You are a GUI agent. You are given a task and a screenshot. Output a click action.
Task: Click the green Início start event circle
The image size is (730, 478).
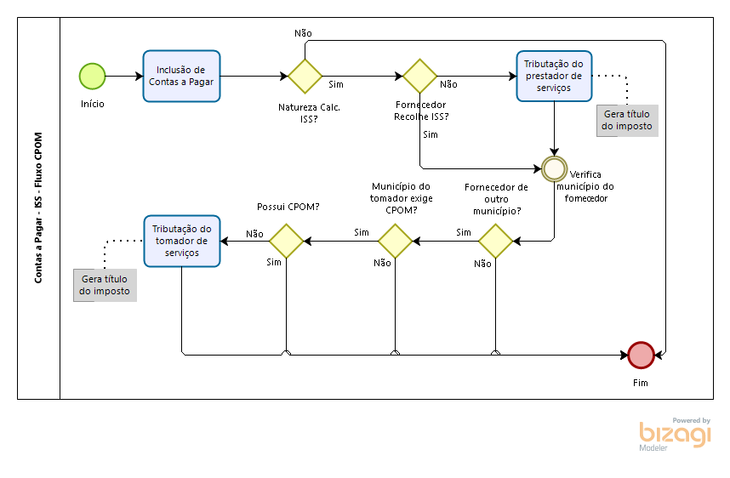tap(92, 77)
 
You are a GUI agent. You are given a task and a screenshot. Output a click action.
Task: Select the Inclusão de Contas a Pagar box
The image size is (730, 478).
tap(180, 77)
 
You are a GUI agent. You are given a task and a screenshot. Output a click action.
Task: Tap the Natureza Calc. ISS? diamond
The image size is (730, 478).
tap(305, 76)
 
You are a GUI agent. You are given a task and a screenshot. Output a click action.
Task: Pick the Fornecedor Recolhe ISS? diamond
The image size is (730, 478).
tap(420, 76)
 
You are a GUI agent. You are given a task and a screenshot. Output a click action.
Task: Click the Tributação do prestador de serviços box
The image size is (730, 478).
tap(554, 76)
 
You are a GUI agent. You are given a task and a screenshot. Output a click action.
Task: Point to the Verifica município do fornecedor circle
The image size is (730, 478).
tap(555, 168)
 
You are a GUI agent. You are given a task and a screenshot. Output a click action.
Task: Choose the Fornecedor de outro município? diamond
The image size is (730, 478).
tap(495, 241)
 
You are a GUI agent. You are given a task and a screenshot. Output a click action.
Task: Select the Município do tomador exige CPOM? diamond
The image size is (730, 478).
tap(395, 241)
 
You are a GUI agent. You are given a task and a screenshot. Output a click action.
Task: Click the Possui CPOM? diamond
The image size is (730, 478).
tap(287, 241)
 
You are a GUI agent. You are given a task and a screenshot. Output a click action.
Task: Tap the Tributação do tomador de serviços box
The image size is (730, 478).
tap(181, 241)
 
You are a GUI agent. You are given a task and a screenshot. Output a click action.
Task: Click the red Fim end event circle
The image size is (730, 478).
tap(641, 354)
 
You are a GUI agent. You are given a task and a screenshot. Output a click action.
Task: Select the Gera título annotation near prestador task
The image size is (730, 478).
tap(627, 120)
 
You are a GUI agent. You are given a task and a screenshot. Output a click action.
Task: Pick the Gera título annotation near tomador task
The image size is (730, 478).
tap(105, 284)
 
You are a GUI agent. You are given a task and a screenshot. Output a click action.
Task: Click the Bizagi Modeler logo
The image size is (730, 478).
tap(675, 433)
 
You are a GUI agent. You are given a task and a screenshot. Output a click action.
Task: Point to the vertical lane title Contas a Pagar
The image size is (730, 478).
tap(39, 208)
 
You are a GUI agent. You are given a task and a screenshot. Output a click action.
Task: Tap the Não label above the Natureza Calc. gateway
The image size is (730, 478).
tap(303, 32)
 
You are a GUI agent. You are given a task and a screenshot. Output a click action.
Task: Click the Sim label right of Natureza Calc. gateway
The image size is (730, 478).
tap(336, 85)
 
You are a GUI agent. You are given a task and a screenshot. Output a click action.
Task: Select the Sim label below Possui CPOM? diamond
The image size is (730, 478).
tap(274, 262)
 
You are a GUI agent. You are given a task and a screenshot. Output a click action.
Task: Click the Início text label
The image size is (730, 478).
tap(93, 104)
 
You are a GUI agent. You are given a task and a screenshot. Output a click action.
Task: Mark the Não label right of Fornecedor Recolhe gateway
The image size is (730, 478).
tap(448, 85)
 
